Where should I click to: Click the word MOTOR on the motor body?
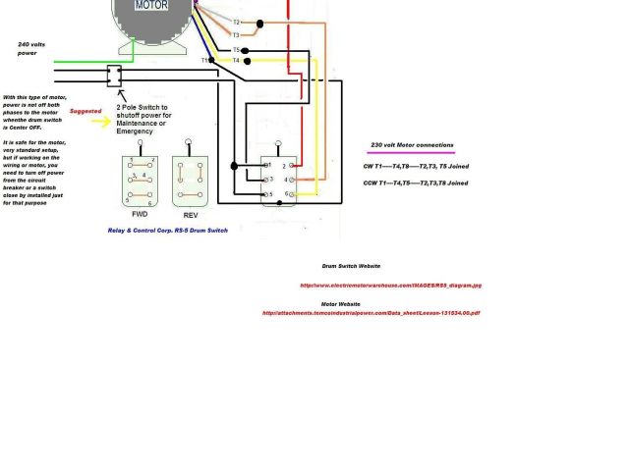(x=150, y=6)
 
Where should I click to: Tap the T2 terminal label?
(x=236, y=22)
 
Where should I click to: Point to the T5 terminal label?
(x=236, y=50)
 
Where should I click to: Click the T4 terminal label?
(x=236, y=61)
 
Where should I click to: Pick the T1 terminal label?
(x=205, y=61)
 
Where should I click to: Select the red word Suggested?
(x=88, y=112)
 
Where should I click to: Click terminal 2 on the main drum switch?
(x=284, y=167)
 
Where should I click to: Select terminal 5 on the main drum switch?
(x=268, y=194)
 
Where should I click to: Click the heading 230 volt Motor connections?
(x=413, y=145)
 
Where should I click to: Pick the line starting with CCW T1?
(x=402, y=183)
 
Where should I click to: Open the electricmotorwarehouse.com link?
(x=390, y=286)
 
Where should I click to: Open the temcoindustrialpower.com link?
(x=371, y=313)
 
